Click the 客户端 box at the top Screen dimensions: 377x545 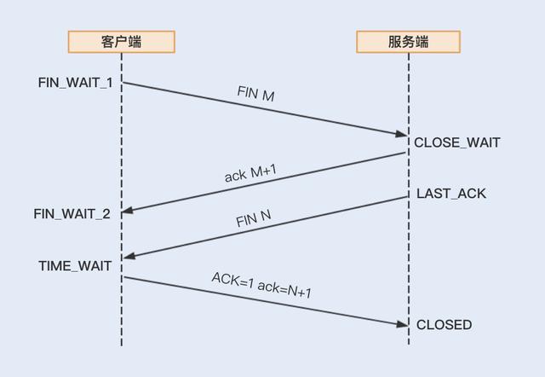121,42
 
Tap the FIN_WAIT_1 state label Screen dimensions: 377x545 75,83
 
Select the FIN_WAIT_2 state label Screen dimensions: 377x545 72,213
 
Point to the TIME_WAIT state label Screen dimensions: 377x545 75,266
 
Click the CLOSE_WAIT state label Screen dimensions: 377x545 456,142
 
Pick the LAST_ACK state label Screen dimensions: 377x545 451,194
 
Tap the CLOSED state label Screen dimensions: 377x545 444,325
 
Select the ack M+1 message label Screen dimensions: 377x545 251,168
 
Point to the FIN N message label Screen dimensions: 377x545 253,218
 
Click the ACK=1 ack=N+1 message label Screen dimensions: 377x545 261,285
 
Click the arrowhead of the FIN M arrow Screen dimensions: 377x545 402,134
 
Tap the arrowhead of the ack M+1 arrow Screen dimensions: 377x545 129,210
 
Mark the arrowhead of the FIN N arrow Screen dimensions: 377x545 129,255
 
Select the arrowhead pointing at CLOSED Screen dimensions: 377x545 402,323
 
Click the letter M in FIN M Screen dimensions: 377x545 267,96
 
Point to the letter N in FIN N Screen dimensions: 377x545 265,215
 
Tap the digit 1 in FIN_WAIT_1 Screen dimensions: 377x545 108,83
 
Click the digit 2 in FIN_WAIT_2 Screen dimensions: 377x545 106,213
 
